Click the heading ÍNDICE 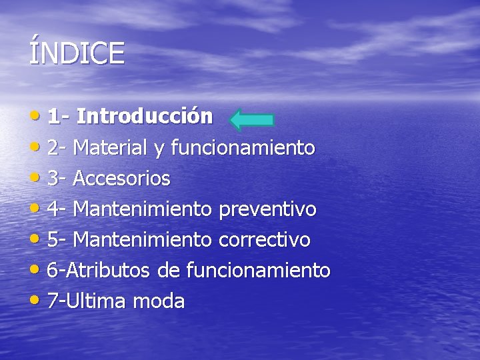77,53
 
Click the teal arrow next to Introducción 251,119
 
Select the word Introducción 145,117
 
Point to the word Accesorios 121,178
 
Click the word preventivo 267,209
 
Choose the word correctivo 265,240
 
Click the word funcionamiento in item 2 243,147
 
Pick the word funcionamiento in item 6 258,271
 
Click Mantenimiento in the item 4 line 143,209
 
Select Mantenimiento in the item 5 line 143,240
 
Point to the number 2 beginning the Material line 53,147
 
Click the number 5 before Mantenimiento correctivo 53,240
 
